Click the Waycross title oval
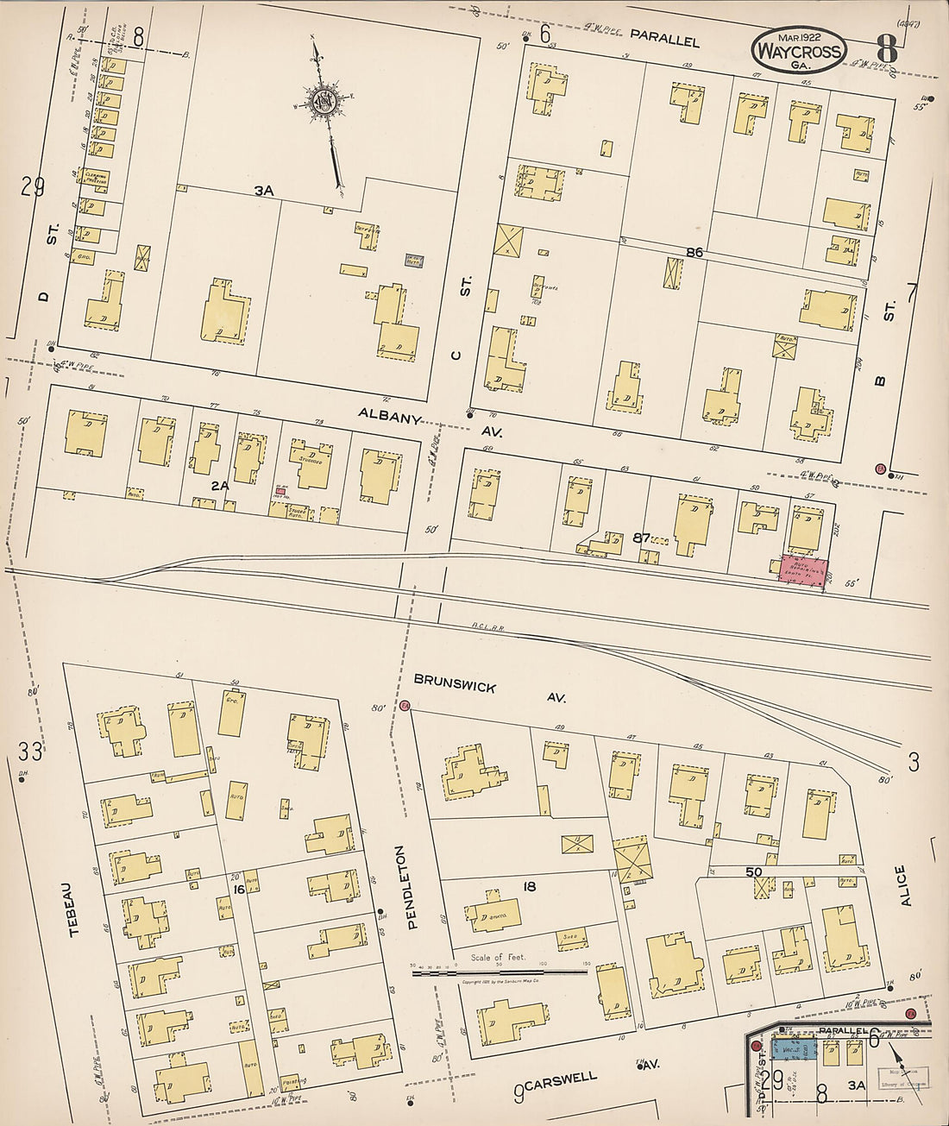click(x=797, y=50)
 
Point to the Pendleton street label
click(x=412, y=887)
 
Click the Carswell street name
click(x=562, y=1077)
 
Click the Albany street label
click(x=390, y=417)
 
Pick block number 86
click(x=695, y=252)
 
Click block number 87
click(x=641, y=537)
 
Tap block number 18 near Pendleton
click(x=529, y=886)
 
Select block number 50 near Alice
click(x=754, y=871)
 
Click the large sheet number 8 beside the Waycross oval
click(x=886, y=49)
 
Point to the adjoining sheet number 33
click(x=29, y=751)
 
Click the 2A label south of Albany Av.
click(x=220, y=486)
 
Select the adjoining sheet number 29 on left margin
click(x=33, y=186)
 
